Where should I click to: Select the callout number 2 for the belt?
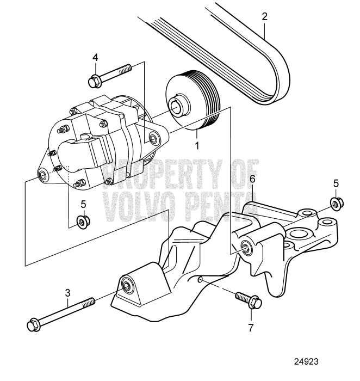(264, 16)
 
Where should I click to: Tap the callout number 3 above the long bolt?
(68, 293)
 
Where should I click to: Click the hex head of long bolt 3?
(33, 325)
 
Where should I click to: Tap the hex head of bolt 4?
(93, 82)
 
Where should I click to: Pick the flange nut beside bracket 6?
(336, 204)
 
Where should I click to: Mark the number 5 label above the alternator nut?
(83, 204)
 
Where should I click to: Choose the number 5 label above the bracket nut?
(336, 183)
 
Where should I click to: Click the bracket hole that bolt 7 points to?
(201, 279)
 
